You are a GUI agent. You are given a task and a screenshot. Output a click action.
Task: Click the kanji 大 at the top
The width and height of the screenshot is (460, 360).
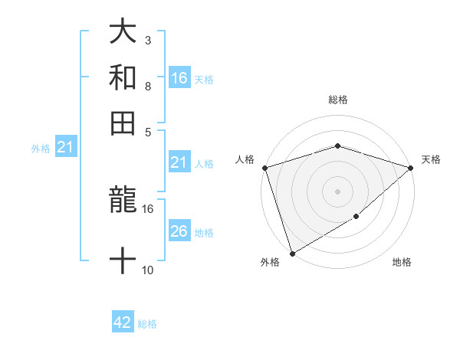pyautogui.click(x=123, y=32)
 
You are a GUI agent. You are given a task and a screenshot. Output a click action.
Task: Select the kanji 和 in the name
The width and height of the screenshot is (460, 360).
pyautogui.click(x=123, y=77)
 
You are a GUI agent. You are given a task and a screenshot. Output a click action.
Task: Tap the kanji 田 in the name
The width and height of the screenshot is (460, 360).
pyautogui.click(x=123, y=123)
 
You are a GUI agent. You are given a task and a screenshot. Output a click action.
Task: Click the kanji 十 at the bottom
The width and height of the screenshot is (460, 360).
pyautogui.click(x=123, y=260)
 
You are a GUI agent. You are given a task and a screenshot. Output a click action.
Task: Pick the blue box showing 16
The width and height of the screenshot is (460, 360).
pyautogui.click(x=179, y=78)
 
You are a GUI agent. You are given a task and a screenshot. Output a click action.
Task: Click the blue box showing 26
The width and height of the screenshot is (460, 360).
pyautogui.click(x=179, y=231)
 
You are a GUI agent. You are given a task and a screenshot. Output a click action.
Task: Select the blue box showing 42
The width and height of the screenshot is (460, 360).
pyautogui.click(x=123, y=322)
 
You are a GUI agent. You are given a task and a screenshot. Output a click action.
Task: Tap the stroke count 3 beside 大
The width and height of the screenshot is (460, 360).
pyautogui.click(x=147, y=40)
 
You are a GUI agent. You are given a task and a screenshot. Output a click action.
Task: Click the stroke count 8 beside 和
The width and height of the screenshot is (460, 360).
pyautogui.click(x=147, y=86)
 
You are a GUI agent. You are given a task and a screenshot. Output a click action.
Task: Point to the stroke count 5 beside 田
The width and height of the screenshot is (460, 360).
pyautogui.click(x=147, y=131)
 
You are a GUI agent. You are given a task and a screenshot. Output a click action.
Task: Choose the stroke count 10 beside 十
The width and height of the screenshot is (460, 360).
pyautogui.click(x=148, y=270)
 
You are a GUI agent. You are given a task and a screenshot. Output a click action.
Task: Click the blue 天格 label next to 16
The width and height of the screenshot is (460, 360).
pyautogui.click(x=204, y=80)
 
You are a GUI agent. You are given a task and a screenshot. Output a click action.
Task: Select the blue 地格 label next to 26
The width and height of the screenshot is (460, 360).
pyautogui.click(x=204, y=233)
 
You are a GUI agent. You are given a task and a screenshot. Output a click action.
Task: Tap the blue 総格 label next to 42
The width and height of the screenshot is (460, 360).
pyautogui.click(x=147, y=324)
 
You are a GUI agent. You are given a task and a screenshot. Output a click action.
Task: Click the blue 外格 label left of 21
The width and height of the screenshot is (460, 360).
pyautogui.click(x=41, y=149)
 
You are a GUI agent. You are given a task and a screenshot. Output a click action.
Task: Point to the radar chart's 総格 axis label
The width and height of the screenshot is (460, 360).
pyautogui.click(x=337, y=100)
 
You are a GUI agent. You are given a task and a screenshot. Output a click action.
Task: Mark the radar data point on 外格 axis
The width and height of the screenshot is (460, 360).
pyautogui.click(x=292, y=253)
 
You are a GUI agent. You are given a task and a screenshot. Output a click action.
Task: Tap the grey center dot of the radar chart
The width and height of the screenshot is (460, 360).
pyautogui.click(x=337, y=191)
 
